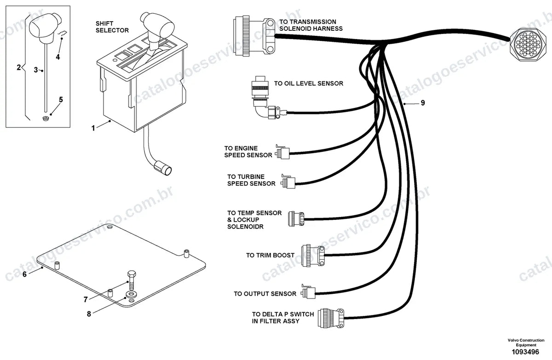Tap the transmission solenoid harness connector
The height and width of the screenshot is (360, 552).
[254, 36]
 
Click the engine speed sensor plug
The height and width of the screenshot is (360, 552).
[282, 152]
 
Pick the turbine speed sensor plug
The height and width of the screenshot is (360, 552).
[288, 182]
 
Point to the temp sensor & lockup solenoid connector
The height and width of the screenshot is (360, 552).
[296, 218]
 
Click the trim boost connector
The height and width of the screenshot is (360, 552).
[313, 255]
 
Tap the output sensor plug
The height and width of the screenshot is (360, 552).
[308, 291]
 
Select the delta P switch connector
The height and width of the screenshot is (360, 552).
[331, 318]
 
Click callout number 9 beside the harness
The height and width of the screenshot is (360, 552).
[423, 103]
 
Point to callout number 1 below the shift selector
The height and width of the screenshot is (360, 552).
[93, 128]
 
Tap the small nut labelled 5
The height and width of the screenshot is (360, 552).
[46, 118]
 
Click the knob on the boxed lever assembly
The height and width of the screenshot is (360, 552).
[46, 29]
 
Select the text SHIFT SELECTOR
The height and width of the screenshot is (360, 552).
[112, 27]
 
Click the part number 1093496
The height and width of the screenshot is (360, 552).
[525, 352]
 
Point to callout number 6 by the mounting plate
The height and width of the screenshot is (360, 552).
[24, 274]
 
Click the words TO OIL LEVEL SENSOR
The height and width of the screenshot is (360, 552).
[309, 84]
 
